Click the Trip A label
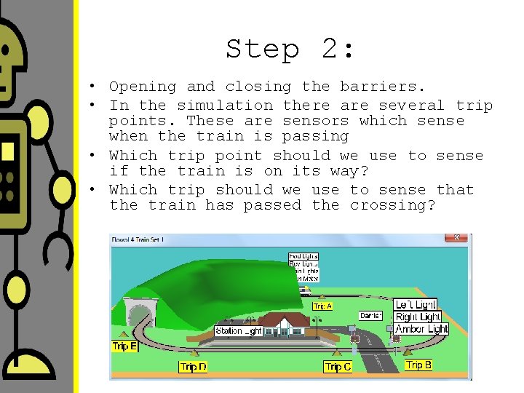point(322,306)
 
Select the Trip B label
point(418,365)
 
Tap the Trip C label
point(338,368)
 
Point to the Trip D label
point(193,367)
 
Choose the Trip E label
point(124,346)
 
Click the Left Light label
point(416,304)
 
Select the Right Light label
point(417,317)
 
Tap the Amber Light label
point(421,329)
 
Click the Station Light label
point(239,331)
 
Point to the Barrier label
point(370,316)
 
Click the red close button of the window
point(456,237)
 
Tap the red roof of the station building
point(284,319)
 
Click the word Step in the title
point(263,49)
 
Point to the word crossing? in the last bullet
point(392,205)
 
